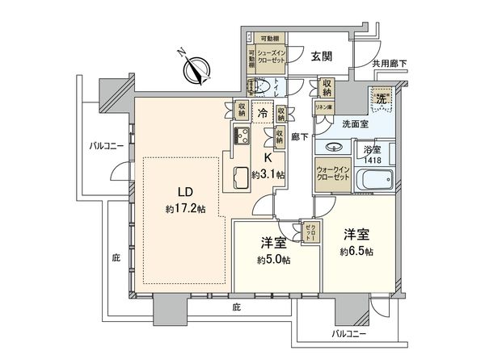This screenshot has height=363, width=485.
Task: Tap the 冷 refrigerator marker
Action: [263, 115]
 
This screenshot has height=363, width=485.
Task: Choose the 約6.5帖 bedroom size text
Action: [356, 252]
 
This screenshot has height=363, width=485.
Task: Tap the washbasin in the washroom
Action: [334, 148]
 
